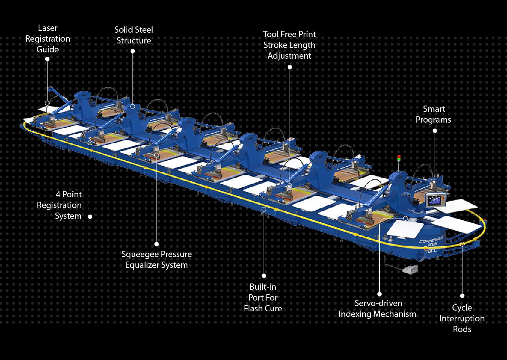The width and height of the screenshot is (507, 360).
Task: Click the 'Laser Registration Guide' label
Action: point(48,39)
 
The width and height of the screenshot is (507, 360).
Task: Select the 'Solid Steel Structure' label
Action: point(134,35)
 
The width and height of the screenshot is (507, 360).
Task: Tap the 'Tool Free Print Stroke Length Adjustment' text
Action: point(290,45)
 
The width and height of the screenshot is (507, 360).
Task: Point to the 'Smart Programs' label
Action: point(434,114)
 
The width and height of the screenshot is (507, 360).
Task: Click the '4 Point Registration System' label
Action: point(59,205)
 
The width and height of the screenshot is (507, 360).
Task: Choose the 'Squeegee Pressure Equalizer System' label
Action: point(156,260)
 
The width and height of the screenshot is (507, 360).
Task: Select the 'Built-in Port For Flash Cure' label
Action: point(263,298)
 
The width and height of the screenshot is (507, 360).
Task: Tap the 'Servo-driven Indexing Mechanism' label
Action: point(377,309)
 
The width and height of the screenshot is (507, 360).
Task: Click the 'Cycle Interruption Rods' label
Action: point(462,318)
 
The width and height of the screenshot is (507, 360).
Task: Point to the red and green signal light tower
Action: point(399,159)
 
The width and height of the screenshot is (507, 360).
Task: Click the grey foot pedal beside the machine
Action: point(410,269)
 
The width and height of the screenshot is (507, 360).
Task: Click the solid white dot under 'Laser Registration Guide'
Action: point(47,59)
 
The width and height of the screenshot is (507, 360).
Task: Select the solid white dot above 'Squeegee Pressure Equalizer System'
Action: point(157,244)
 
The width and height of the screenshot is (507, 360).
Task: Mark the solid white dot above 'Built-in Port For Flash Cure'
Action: point(264,276)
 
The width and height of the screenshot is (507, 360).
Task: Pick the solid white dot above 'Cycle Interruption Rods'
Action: point(462,296)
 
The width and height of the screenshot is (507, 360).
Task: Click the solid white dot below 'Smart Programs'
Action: point(435,131)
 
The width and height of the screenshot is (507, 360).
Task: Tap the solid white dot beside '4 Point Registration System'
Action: point(90,216)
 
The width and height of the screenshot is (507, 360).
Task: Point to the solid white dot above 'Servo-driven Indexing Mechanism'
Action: point(380,293)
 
